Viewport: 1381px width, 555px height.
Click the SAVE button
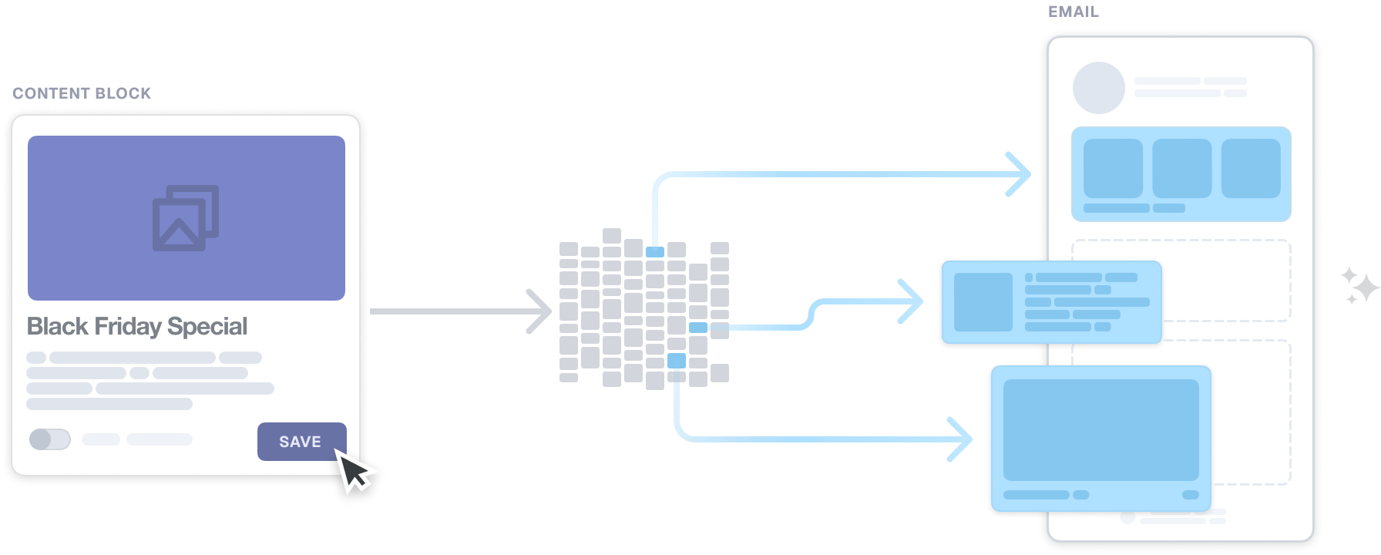tap(301, 442)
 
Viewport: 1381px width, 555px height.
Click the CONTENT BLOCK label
tap(82, 93)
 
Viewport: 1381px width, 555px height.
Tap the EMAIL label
tap(1073, 12)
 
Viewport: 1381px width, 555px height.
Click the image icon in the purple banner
tap(186, 218)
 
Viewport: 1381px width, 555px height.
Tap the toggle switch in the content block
tap(50, 439)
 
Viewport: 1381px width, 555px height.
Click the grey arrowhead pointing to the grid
tap(542, 311)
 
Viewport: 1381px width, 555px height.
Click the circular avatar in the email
tap(1098, 88)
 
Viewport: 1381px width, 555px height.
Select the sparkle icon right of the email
tap(1359, 286)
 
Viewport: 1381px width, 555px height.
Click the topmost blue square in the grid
tap(655, 252)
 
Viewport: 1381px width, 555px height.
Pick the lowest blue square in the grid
tap(676, 360)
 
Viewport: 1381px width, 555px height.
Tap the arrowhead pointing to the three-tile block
tap(1021, 174)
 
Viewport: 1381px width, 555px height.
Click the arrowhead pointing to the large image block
tap(963, 439)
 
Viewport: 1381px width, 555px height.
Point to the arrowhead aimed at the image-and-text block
tap(913, 301)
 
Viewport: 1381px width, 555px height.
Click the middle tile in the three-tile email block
tap(1181, 168)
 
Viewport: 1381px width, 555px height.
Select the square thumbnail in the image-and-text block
tap(983, 302)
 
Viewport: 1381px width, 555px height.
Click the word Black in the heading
tap(58, 327)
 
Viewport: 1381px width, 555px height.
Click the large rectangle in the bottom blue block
tap(1100, 430)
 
